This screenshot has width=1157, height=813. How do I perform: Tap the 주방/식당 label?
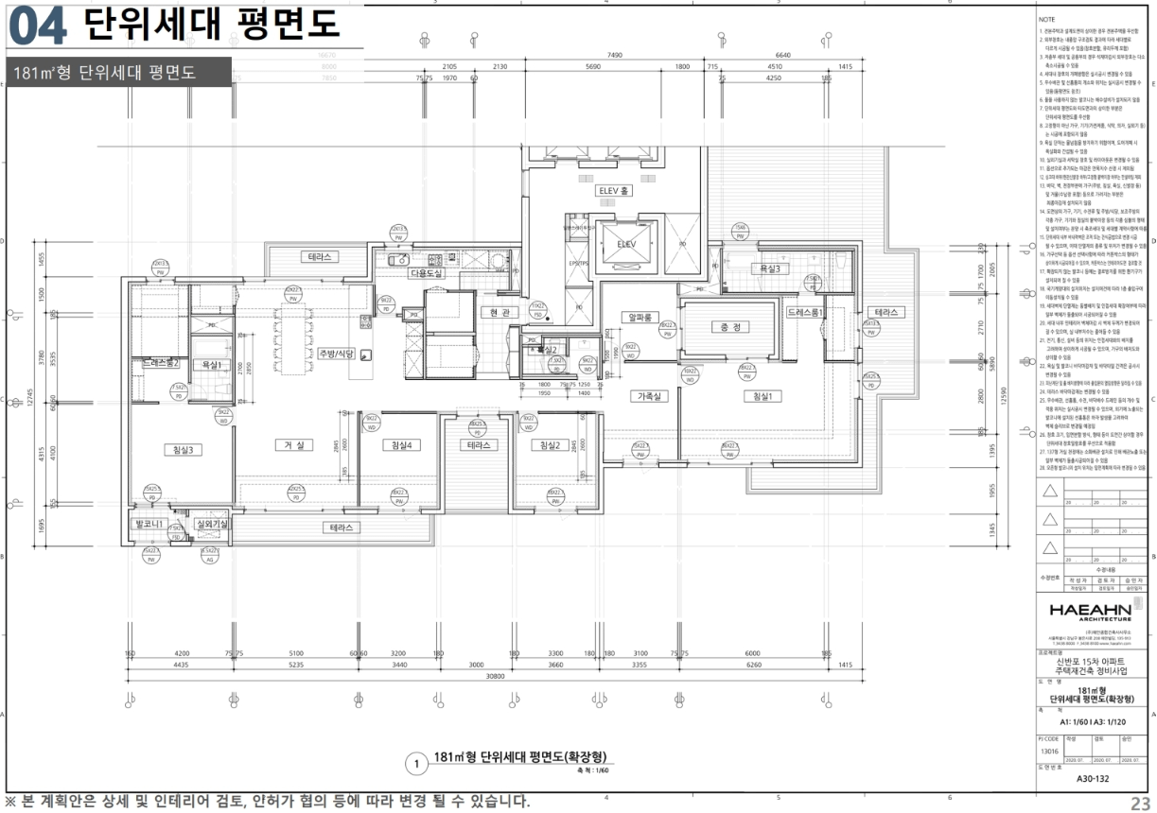tap(335, 354)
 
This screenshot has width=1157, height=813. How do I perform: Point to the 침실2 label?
tap(549, 445)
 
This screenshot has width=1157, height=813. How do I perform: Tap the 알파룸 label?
tap(639, 318)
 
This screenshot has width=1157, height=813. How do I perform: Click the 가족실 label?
tap(651, 397)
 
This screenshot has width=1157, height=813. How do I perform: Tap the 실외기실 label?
tap(211, 524)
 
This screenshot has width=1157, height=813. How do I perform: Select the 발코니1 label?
tap(149, 524)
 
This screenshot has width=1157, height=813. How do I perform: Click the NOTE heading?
tap(1047, 19)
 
